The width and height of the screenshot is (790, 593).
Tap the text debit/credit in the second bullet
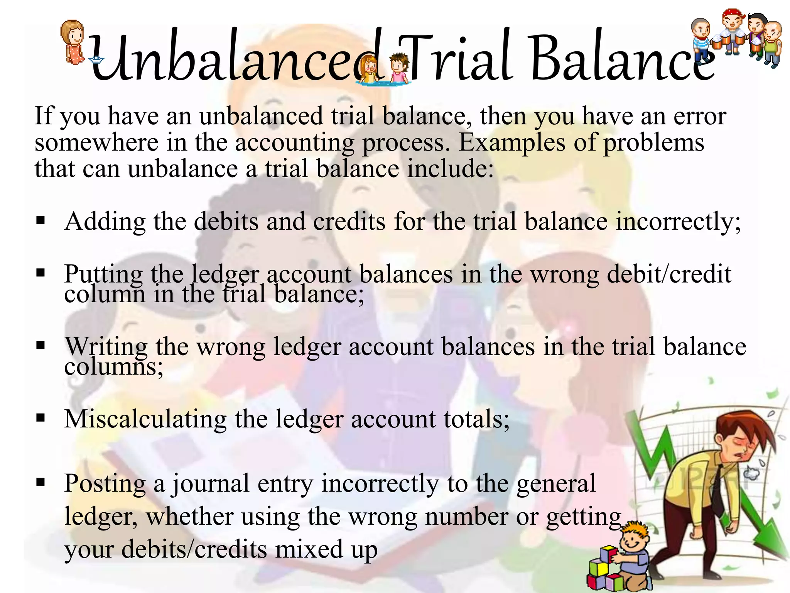point(669,274)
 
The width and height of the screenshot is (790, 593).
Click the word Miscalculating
point(145,419)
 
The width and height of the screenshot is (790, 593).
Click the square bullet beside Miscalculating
point(41,417)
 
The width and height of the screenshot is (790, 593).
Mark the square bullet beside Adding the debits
point(41,220)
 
